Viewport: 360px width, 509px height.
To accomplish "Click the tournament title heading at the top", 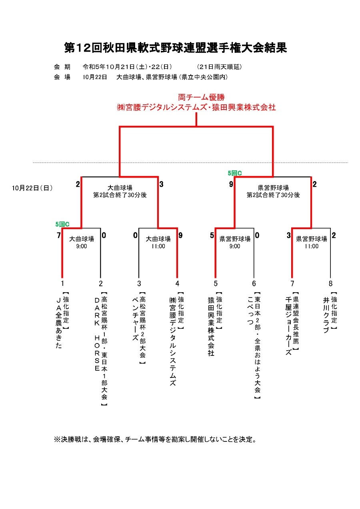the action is [175, 48].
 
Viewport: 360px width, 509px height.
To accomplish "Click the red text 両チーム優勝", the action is [201, 97].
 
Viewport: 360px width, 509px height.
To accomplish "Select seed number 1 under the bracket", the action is [62, 283].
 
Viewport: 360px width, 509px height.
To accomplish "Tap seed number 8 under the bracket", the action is [330, 283].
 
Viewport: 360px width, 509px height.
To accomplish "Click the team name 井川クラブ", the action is [326, 315].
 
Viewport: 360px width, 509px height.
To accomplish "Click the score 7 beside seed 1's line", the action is [59, 235].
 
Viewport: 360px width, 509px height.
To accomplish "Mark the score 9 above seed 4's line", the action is [180, 235].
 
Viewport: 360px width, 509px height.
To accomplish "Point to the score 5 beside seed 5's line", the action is [212, 235].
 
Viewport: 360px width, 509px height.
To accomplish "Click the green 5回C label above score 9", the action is [235, 173].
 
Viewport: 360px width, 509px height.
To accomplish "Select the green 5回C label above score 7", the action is [62, 224].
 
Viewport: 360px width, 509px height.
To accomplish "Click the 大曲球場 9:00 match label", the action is [81, 242].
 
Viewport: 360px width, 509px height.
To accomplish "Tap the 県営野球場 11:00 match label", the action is [311, 242].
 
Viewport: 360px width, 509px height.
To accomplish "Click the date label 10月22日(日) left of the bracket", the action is [32, 188].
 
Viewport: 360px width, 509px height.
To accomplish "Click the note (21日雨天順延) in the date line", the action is [219, 67].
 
